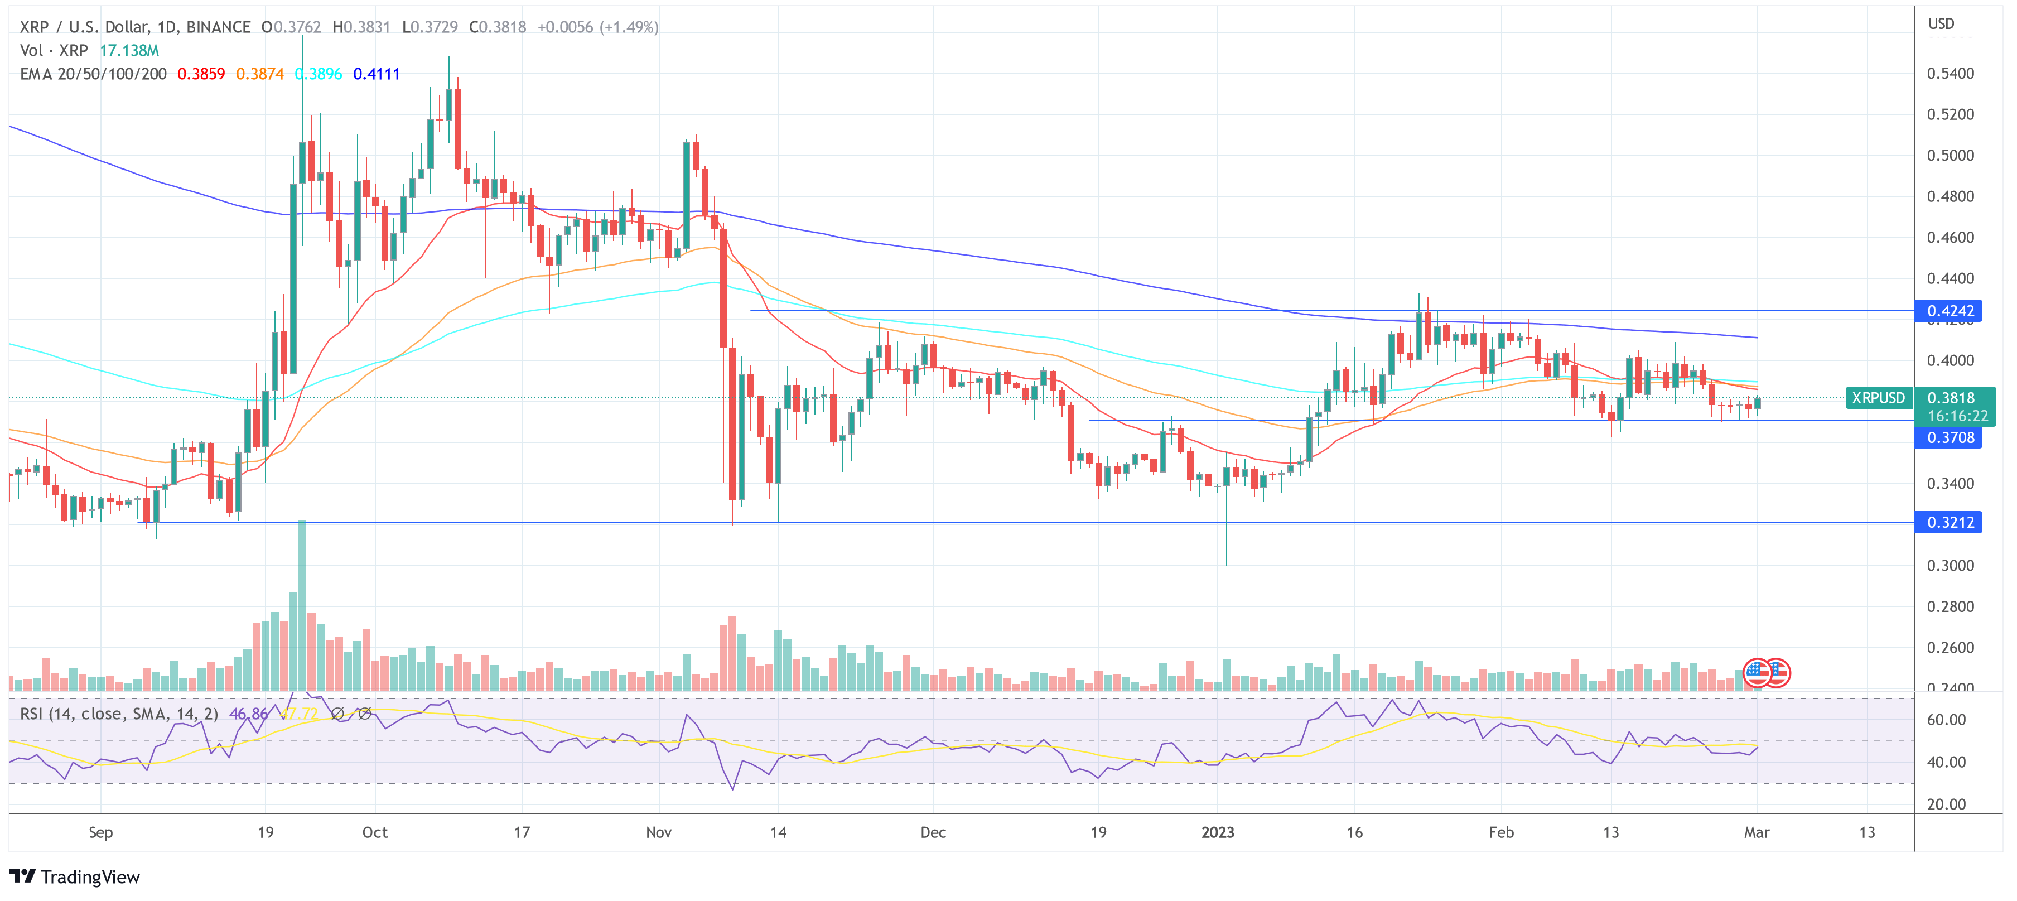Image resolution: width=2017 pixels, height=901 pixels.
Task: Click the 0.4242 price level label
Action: pos(1949,311)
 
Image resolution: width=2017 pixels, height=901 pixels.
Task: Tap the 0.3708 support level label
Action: pos(1949,437)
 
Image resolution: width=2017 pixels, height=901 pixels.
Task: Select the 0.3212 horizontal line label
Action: pos(1949,522)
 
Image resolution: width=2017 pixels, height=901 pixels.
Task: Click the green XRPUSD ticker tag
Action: pos(1878,398)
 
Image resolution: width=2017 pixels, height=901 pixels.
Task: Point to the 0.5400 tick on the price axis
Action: pos(1950,74)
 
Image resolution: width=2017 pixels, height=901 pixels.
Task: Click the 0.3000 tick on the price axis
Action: pos(1950,565)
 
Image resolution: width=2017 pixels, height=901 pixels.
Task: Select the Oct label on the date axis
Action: pos(374,832)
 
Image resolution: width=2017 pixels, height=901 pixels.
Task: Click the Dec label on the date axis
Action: pos(933,832)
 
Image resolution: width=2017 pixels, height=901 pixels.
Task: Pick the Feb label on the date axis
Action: pos(1500,832)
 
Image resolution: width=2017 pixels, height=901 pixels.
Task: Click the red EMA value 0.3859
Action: pos(201,74)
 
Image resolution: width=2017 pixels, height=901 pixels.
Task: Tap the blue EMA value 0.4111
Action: pos(376,74)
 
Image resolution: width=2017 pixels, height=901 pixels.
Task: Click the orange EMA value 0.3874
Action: pos(260,74)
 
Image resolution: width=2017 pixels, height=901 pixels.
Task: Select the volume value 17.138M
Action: pos(129,50)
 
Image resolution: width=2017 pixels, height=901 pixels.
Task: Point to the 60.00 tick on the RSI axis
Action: pos(1946,719)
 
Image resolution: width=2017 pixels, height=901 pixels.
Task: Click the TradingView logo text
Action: pos(89,877)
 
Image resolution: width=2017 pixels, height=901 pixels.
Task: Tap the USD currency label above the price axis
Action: pos(1941,23)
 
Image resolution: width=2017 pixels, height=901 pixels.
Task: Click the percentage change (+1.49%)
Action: pos(629,27)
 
